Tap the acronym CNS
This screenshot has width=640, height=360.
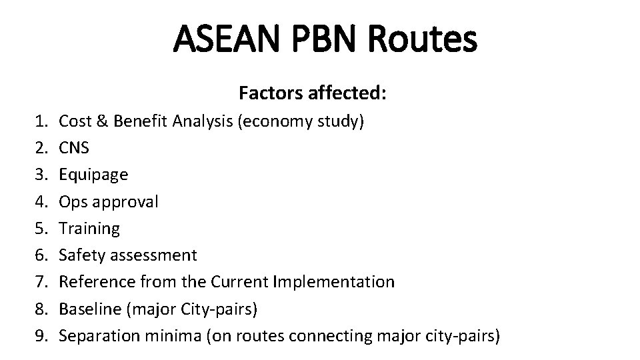click(x=75, y=148)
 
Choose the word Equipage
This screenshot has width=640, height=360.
click(x=93, y=175)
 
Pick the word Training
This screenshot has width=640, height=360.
click(x=89, y=228)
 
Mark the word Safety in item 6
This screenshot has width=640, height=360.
click(x=81, y=255)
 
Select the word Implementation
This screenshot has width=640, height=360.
click(x=335, y=281)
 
